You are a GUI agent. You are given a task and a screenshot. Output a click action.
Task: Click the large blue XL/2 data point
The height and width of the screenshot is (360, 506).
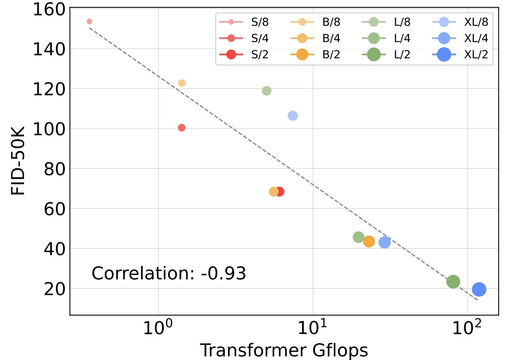(479, 290)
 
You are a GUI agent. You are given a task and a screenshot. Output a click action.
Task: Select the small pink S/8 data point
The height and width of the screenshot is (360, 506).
(89, 21)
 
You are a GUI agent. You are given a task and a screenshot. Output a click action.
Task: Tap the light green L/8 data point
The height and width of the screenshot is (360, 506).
(267, 91)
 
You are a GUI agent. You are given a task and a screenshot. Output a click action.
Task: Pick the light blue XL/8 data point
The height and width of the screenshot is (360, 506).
(293, 116)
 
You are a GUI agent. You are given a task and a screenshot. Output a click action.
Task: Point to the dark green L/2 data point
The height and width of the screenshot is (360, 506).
(453, 282)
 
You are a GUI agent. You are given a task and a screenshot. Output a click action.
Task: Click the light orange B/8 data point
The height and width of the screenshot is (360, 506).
(182, 83)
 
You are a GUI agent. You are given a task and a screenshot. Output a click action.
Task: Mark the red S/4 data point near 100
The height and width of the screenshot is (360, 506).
(181, 128)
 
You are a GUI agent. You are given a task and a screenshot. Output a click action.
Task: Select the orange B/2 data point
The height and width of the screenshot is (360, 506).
(369, 241)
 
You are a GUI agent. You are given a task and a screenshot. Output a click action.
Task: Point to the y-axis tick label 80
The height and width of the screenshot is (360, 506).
(56, 169)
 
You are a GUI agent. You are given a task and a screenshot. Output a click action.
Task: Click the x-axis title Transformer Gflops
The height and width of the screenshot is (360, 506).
(284, 350)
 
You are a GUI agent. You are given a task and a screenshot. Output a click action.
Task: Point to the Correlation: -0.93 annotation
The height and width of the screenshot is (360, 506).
(169, 273)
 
